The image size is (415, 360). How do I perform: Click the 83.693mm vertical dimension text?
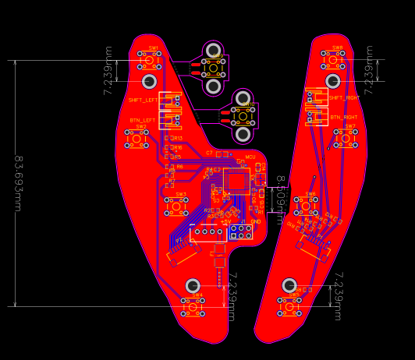(x=17, y=184)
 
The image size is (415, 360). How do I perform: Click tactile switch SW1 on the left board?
(x=149, y=58)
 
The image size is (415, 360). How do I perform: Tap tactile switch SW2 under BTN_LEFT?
(x=137, y=138)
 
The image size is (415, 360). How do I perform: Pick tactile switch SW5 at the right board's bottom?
(x=289, y=307)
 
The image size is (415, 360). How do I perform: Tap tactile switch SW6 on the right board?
(x=307, y=205)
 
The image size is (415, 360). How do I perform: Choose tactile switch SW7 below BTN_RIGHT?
(x=346, y=138)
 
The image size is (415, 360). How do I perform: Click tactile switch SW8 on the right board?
(x=333, y=58)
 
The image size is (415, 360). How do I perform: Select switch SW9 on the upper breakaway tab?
(x=213, y=68)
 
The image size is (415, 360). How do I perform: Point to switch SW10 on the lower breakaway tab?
(x=243, y=115)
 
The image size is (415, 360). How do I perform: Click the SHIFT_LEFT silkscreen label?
(x=144, y=100)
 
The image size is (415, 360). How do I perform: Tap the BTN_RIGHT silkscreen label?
(x=344, y=117)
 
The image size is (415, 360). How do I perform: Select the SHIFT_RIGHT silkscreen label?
(x=344, y=98)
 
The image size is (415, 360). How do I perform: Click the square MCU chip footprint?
(x=236, y=182)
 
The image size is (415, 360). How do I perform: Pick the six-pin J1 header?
(x=241, y=231)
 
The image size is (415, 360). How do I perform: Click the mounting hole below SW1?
(x=149, y=81)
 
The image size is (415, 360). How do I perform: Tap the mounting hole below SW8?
(x=333, y=81)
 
